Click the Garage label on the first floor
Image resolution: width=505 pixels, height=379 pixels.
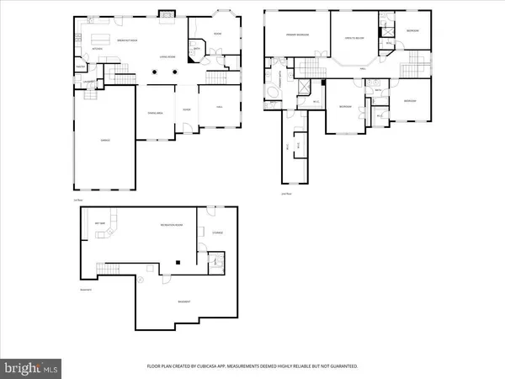106,140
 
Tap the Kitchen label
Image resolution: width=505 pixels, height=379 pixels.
97,49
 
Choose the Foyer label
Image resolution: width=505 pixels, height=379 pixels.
186,109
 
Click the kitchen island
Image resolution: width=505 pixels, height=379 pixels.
101,39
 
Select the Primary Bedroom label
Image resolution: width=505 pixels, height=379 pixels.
296,35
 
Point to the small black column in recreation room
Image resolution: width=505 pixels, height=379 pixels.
178,263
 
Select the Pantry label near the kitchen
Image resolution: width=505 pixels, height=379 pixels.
79,68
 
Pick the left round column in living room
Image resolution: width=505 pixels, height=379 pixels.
154,73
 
